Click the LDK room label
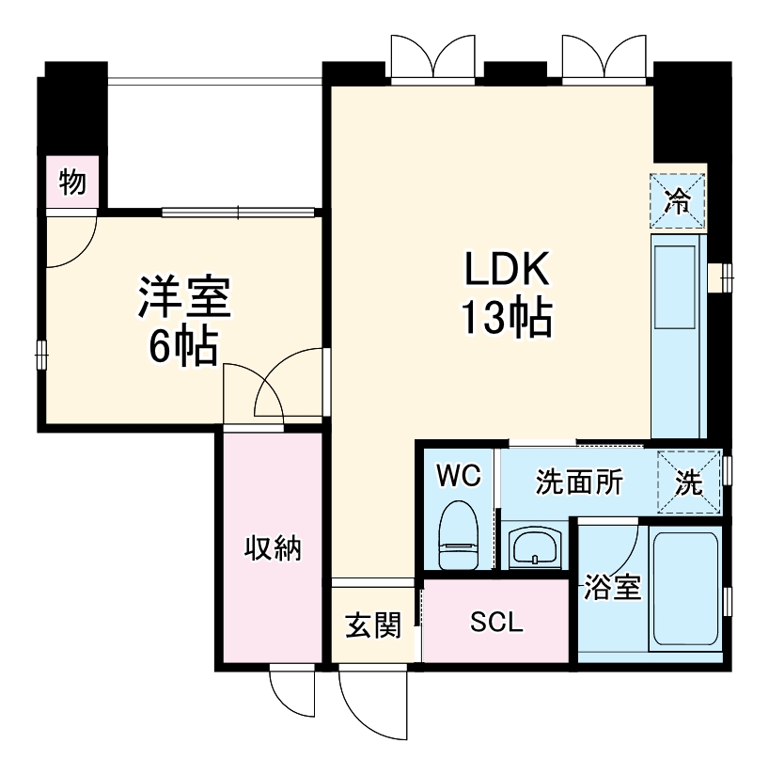pyautogui.click(x=506, y=270)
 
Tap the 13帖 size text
pyautogui.click(x=506, y=320)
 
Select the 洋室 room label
pyautogui.click(x=183, y=298)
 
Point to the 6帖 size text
pyautogui.click(x=183, y=348)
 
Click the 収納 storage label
pyautogui.click(x=274, y=547)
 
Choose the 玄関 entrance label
pyautogui.click(x=372, y=625)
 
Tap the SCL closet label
pyautogui.click(x=496, y=622)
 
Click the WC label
pyautogui.click(x=459, y=476)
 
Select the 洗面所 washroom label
pyautogui.click(x=579, y=482)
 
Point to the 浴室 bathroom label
pyautogui.click(x=613, y=588)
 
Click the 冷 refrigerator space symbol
pyautogui.click(x=677, y=200)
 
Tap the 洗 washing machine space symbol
pyautogui.click(x=689, y=482)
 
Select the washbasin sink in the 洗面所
pyautogui.click(x=535, y=546)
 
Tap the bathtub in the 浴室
pyautogui.click(x=686, y=591)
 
